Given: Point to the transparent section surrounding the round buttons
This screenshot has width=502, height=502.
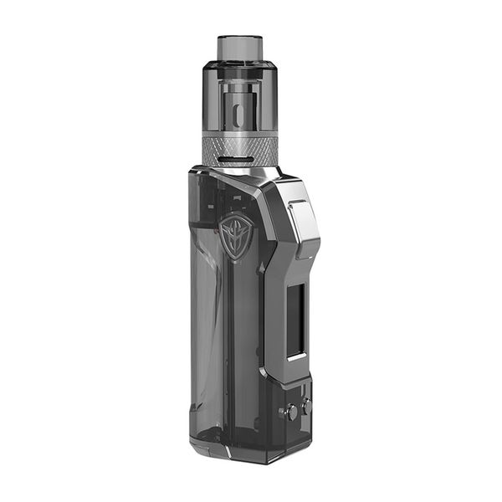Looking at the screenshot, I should (x=295, y=427).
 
